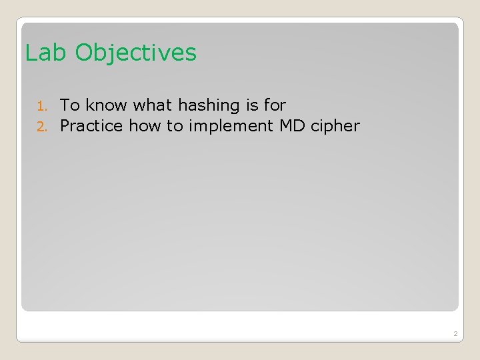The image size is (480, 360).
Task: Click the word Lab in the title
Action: [46, 53]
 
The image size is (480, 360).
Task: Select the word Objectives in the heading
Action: [136, 53]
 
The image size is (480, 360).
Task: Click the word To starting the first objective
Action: [70, 105]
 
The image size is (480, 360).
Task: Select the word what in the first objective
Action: [153, 105]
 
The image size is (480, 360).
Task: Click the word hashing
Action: [209, 105]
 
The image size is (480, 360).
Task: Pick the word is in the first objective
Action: [252, 105]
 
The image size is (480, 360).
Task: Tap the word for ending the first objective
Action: [275, 105]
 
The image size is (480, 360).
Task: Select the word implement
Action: [226, 125]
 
